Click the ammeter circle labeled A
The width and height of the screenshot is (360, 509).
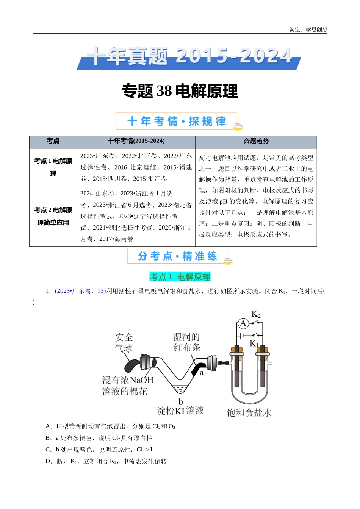(243, 323)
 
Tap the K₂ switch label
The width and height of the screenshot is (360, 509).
(256, 314)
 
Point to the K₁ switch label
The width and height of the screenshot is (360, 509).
(254, 343)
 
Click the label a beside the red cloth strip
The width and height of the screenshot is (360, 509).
(202, 373)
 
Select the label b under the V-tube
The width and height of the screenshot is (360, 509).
(181, 402)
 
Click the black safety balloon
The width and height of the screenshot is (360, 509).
(131, 365)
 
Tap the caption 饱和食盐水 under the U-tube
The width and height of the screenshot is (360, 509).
(249, 413)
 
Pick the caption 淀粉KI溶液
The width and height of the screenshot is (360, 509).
(180, 411)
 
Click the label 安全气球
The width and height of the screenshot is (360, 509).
(124, 342)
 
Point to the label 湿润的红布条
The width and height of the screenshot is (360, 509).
(186, 342)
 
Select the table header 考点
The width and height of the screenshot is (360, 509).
(53, 141)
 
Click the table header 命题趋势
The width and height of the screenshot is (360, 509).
(256, 141)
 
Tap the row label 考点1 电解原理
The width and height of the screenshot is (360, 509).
(53, 167)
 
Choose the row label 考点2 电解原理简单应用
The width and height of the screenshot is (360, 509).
(53, 216)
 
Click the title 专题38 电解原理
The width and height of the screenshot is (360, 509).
(180, 91)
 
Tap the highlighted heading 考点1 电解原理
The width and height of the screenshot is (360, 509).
(180, 277)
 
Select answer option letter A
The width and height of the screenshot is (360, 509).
(48, 426)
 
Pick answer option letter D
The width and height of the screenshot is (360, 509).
(48, 461)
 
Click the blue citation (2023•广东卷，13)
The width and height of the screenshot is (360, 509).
(80, 291)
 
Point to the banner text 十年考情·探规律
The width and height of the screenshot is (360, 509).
(177, 122)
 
